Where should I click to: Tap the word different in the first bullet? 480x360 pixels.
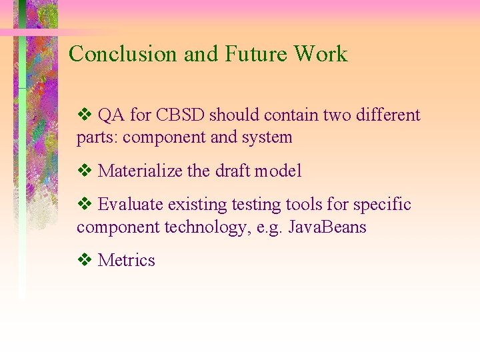389,115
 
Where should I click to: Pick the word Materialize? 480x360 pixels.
140,171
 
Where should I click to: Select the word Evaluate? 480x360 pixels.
131,205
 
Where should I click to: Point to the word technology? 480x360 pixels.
205,227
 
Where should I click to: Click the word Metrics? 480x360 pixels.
126,261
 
